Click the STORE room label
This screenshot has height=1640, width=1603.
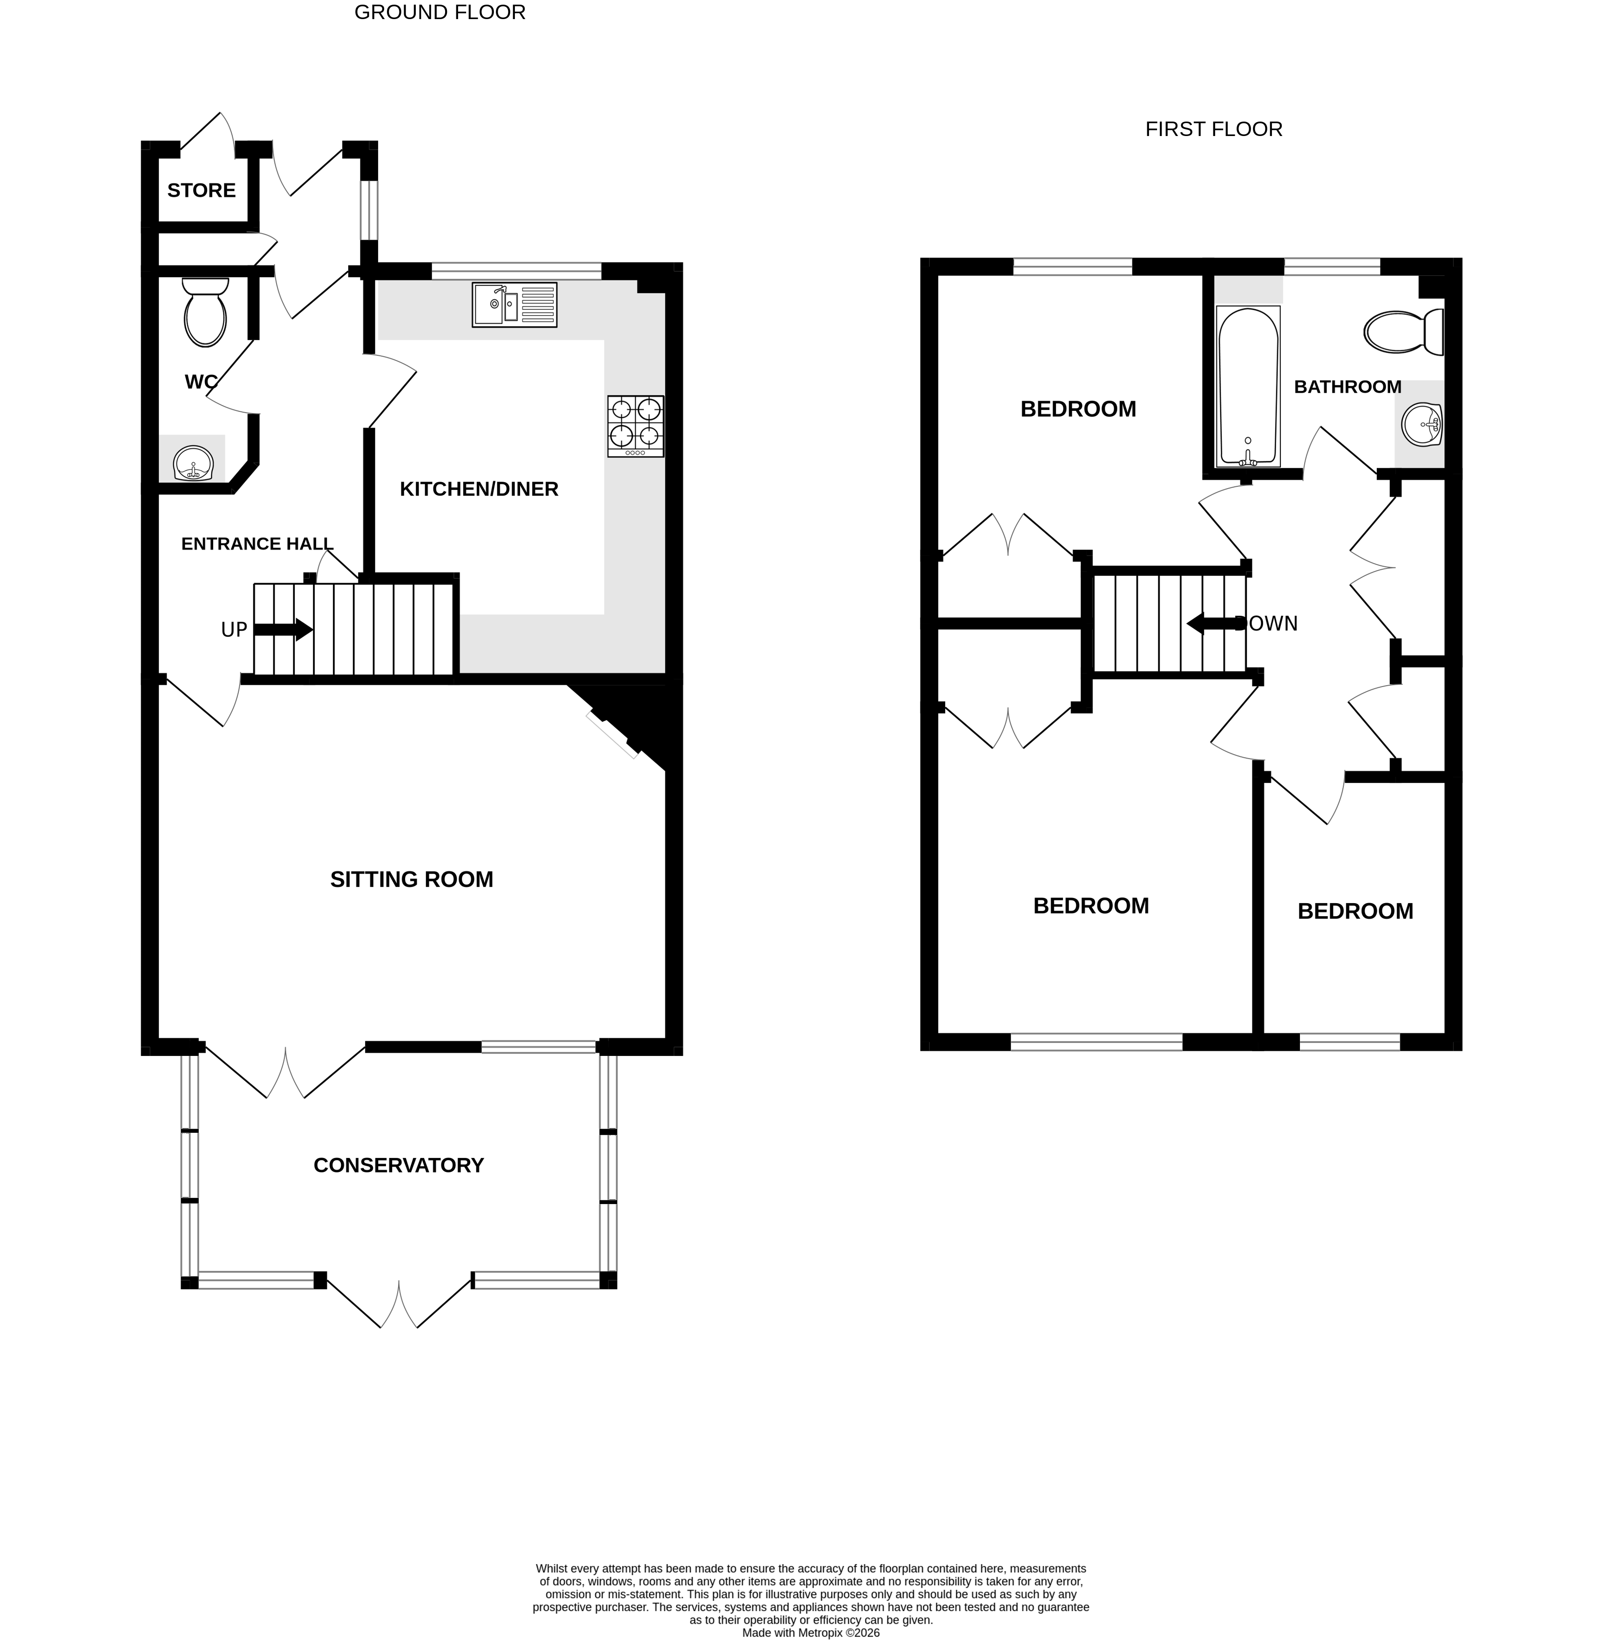coord(201,191)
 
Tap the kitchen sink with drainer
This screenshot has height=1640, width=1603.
coord(514,305)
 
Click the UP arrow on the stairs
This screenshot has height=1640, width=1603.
coord(283,629)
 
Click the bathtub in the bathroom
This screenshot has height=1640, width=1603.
coord(1248,387)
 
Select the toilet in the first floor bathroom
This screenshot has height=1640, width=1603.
coord(1403,333)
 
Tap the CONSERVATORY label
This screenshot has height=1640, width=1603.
coord(398,1165)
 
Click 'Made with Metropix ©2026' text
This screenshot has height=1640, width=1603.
coord(810,1633)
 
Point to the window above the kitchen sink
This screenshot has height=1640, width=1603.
coord(516,271)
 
